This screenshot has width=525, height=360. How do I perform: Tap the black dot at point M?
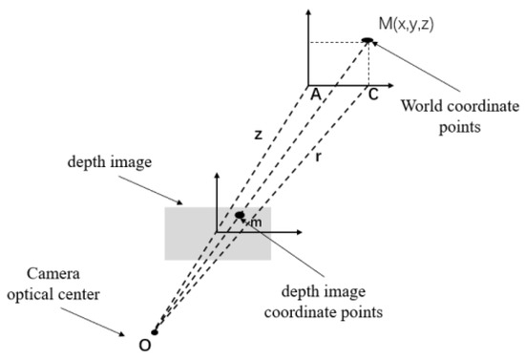click(367, 39)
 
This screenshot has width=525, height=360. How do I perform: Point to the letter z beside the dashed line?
click(258, 135)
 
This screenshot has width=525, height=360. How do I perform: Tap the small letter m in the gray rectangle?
click(255, 223)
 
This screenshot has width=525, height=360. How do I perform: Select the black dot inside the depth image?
click(240, 215)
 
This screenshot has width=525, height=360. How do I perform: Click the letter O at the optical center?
click(144, 345)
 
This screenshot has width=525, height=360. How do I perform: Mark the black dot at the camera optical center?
click(155, 332)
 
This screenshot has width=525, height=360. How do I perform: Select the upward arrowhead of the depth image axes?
click(219, 177)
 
